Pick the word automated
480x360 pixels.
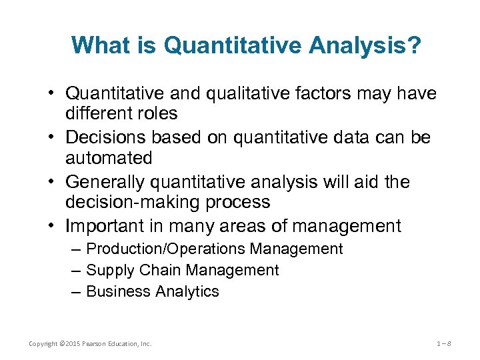[x=109, y=158]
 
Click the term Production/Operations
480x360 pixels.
[x=166, y=249]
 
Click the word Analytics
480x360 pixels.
[x=187, y=292]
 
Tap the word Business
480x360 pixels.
[x=119, y=292]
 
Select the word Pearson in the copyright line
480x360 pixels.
[x=95, y=344]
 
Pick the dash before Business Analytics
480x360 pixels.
[x=75, y=292]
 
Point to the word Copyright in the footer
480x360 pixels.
[x=43, y=344]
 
